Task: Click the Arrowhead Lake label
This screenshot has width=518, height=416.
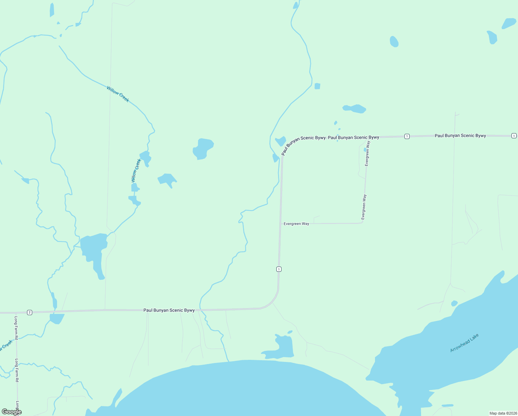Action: pyautogui.click(x=464, y=343)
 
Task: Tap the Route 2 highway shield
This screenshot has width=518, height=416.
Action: pyautogui.click(x=29, y=312)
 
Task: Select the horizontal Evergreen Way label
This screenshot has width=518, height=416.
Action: pyautogui.click(x=296, y=224)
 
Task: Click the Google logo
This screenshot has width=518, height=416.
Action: pyautogui.click(x=12, y=412)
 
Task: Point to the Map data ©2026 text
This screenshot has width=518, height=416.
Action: pyautogui.click(x=502, y=413)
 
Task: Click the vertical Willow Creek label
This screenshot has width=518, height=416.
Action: pyautogui.click(x=136, y=171)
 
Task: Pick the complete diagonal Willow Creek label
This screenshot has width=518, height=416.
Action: pyautogui.click(x=118, y=94)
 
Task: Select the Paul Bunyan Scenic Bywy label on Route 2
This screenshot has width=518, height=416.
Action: pyautogui.click(x=169, y=310)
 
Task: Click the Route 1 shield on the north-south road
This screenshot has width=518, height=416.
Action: pyautogui.click(x=279, y=269)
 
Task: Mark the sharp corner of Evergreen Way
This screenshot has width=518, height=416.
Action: pyautogui.click(x=362, y=222)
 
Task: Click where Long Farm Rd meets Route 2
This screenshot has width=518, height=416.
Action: pyautogui.click(x=16, y=313)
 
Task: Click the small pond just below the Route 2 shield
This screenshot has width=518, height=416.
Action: pyautogui.click(x=57, y=318)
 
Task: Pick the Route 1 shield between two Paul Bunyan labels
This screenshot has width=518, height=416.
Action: pyautogui.click(x=407, y=136)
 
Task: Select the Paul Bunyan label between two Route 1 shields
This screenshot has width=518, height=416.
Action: pyautogui.click(x=460, y=136)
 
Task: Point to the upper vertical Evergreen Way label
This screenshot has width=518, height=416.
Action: pyautogui.click(x=367, y=153)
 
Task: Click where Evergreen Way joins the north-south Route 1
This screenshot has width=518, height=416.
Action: pyautogui.click(x=280, y=224)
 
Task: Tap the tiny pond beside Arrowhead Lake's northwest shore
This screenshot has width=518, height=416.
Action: pyautogui.click(x=454, y=303)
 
